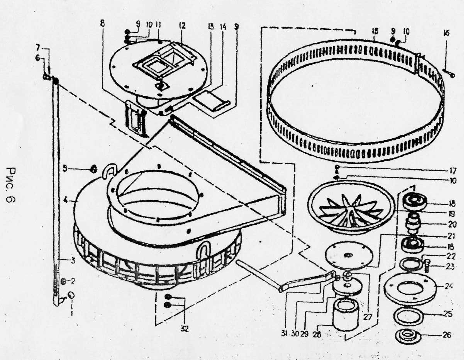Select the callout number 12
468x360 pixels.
[182, 26]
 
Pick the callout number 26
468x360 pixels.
[447, 335]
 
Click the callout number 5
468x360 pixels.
[66, 168]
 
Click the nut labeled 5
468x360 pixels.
[93, 169]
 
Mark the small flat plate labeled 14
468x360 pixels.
[212, 101]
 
